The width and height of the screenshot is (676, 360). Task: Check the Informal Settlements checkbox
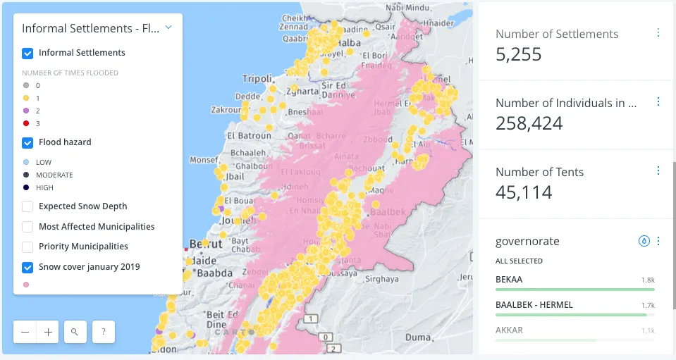[27, 53]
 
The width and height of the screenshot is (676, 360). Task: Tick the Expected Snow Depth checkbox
[27, 206]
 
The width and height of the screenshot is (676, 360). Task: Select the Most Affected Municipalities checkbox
[27, 227]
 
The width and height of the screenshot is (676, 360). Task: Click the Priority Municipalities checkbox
[27, 247]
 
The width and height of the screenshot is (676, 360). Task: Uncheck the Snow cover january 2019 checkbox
[27, 267]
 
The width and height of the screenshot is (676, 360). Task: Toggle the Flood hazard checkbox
[27, 142]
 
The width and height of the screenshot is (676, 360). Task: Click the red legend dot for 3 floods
[26, 123]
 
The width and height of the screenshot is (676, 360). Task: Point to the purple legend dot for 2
[26, 111]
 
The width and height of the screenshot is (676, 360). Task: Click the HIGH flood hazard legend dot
[26, 187]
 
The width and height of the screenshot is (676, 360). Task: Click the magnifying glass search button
[75, 332]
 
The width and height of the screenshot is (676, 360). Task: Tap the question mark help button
[103, 332]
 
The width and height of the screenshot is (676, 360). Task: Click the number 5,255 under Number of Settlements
[519, 54]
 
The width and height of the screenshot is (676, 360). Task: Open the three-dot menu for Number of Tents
[658, 170]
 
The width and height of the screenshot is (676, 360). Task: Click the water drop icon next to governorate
[644, 241]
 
